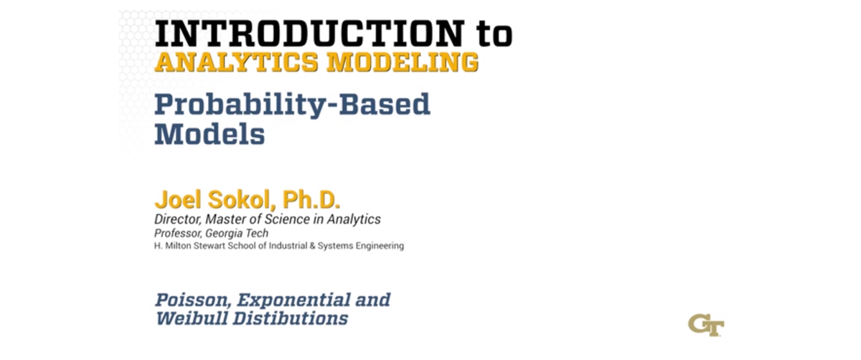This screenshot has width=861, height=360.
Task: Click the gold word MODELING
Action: (x=402, y=63)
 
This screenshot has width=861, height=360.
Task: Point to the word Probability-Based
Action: (x=292, y=106)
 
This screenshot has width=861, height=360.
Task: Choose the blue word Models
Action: (x=210, y=134)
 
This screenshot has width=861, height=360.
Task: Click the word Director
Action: (x=175, y=219)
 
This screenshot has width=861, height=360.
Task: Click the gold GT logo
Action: (x=705, y=323)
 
